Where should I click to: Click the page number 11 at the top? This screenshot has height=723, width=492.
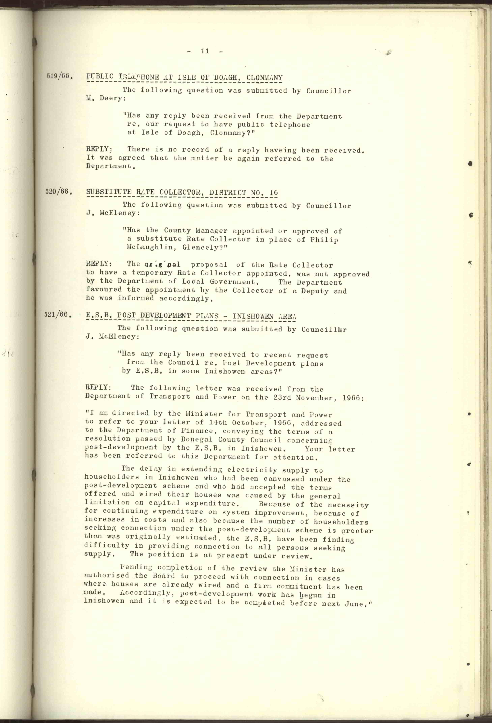pyautogui.click(x=205, y=51)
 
